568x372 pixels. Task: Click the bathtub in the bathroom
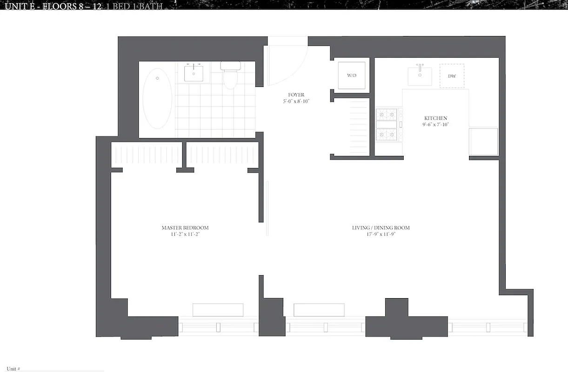coord(157,99)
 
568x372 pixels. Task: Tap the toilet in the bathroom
coord(230,75)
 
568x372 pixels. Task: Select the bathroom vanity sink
coord(194,73)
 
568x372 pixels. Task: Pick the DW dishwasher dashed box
coord(452,76)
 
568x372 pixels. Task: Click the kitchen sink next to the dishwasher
coord(420,76)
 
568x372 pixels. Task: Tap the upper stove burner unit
coord(387,114)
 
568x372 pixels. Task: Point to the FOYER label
coord(296,95)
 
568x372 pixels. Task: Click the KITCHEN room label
coord(435,118)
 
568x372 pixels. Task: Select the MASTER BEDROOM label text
coord(185,228)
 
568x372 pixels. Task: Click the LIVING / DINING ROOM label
coord(381,228)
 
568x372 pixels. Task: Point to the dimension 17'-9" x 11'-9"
coord(381,234)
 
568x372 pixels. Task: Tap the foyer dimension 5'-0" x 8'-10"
coord(296,101)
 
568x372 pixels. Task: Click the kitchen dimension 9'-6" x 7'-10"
coord(435,124)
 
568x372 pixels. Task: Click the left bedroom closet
coord(146,155)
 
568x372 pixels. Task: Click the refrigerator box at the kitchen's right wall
coord(483,142)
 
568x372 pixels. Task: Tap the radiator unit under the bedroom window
coord(218,310)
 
